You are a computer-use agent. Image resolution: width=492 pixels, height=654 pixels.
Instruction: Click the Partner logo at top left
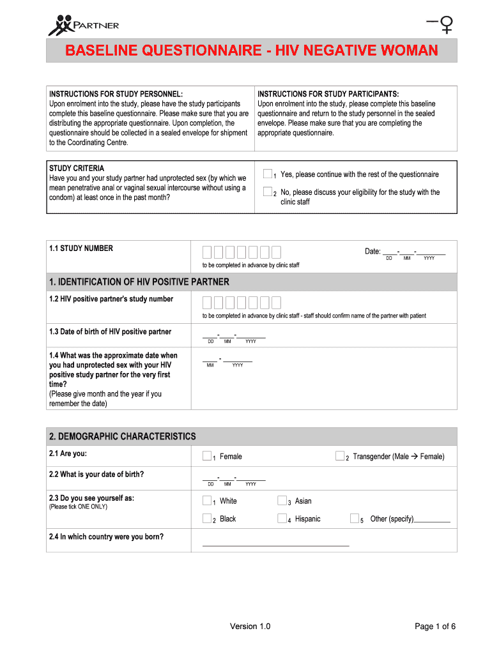tap(83, 25)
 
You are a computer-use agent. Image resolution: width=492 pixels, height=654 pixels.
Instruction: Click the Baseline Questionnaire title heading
tap(251, 50)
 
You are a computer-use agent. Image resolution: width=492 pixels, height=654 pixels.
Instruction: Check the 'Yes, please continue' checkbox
tap(268, 174)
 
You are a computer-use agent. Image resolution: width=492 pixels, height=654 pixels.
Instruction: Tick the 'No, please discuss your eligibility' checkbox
tap(268, 192)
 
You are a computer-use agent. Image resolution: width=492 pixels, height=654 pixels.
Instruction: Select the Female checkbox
tap(207, 456)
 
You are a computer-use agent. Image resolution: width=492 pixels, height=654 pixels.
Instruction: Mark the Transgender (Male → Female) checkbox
tap(340, 456)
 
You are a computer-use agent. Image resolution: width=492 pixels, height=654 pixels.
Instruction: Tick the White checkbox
tap(207, 501)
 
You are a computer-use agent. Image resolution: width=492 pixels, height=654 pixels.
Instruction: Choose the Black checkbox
tap(207, 519)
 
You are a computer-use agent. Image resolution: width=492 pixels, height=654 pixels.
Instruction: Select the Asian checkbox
tap(282, 501)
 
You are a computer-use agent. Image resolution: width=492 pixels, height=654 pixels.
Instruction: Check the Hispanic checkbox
tap(282, 519)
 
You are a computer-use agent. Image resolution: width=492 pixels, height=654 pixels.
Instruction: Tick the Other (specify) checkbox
tap(355, 519)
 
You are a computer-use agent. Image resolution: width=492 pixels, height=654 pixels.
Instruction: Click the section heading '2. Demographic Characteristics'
tap(123, 436)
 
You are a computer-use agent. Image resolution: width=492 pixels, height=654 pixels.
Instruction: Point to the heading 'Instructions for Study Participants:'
tap(328, 94)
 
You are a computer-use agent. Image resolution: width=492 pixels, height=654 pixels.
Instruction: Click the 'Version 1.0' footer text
tap(250, 627)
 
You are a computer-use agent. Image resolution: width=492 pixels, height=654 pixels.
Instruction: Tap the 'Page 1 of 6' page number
tap(434, 627)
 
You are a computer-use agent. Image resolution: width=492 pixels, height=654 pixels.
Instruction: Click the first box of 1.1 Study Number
tap(208, 252)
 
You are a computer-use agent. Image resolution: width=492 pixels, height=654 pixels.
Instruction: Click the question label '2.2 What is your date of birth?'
tap(96, 475)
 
